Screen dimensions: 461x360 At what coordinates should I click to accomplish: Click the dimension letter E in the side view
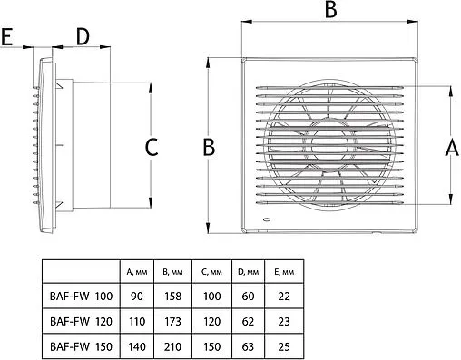click(6, 37)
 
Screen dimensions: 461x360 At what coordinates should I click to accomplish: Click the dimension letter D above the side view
click(83, 37)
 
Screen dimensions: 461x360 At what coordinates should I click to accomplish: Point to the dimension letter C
click(152, 148)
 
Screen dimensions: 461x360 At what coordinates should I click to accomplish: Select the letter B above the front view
click(330, 9)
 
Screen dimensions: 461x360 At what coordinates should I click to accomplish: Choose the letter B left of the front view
click(209, 148)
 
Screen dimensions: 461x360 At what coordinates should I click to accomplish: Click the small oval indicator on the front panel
click(267, 219)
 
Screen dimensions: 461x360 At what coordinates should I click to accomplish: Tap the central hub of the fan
click(329, 145)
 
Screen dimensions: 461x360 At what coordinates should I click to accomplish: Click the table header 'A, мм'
click(137, 272)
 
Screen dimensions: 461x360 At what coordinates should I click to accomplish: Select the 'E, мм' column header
click(284, 272)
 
